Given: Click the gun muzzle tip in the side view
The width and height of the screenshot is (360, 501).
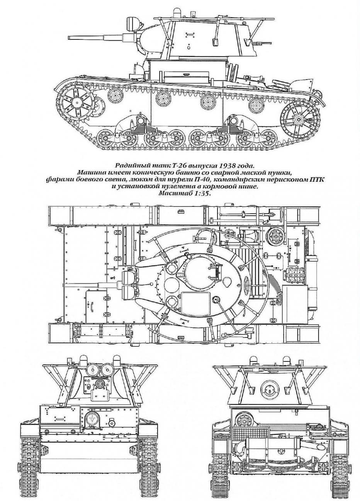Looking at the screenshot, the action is (x=69, y=37).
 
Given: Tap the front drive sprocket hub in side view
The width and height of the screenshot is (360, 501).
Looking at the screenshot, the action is (x=77, y=103).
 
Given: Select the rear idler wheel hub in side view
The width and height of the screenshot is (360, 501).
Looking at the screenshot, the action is (x=299, y=120).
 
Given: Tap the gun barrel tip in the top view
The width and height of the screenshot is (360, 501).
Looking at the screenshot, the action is (x=64, y=285).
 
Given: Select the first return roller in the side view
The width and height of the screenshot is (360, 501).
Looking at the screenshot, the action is (x=115, y=95).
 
